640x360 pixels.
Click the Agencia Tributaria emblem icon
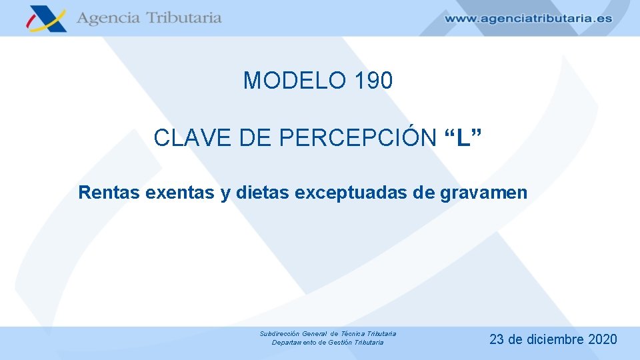(46, 18)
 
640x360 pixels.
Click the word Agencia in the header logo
(107, 18)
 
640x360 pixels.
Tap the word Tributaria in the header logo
(183, 18)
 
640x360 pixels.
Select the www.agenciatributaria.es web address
(527, 19)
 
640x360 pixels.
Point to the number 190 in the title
(374, 81)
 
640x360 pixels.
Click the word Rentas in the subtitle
(109, 193)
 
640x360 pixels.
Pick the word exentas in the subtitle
(179, 193)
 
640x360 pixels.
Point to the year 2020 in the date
(603, 339)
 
